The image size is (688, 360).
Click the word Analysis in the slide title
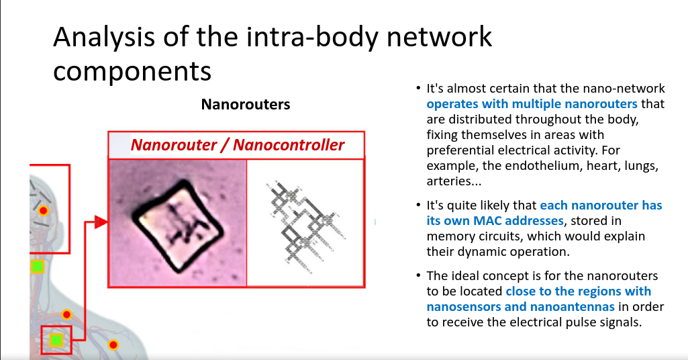click(103, 38)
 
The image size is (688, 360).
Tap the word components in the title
click(132, 71)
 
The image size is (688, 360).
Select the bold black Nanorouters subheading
click(246, 105)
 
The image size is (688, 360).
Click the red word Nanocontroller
click(289, 145)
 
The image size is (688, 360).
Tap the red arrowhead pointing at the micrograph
click(101, 222)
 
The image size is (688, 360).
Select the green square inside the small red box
click(56, 340)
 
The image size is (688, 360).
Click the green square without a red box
click(38, 266)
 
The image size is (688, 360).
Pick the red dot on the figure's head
click(43, 211)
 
